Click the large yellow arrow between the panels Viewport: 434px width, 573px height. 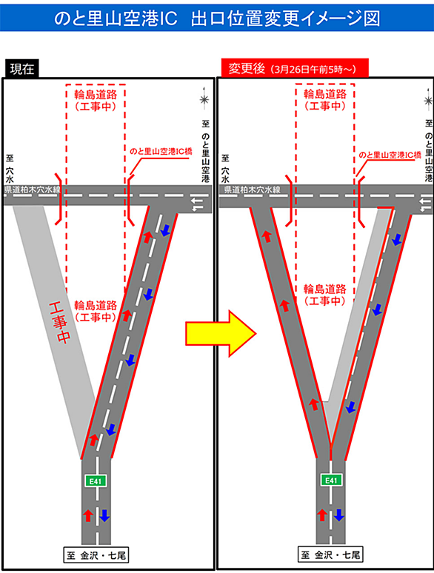(x=221, y=333)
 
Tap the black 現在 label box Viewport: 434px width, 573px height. (x=22, y=69)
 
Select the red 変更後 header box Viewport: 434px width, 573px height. (x=295, y=68)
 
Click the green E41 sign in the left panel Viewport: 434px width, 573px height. (x=96, y=481)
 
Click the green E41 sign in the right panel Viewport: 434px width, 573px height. (x=331, y=480)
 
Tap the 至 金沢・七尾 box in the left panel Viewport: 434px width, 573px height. (x=96, y=556)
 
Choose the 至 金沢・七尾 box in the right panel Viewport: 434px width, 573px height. (x=330, y=555)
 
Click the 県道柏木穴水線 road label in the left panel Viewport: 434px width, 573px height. (x=32, y=190)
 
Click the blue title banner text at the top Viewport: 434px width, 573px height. (x=217, y=19)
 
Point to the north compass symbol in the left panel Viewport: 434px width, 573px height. (x=204, y=99)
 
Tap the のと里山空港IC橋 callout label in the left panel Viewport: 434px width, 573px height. (x=161, y=151)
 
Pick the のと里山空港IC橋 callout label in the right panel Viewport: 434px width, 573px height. (x=390, y=155)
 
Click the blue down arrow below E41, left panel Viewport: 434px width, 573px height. (x=104, y=515)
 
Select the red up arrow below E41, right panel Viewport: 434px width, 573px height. (x=321, y=515)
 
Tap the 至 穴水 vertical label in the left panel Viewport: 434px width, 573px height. (x=10, y=169)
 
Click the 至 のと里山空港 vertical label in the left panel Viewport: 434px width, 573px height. (x=205, y=151)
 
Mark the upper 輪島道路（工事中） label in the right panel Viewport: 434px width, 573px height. (x=325, y=100)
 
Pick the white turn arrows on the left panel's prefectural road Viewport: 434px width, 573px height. (x=198, y=204)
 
